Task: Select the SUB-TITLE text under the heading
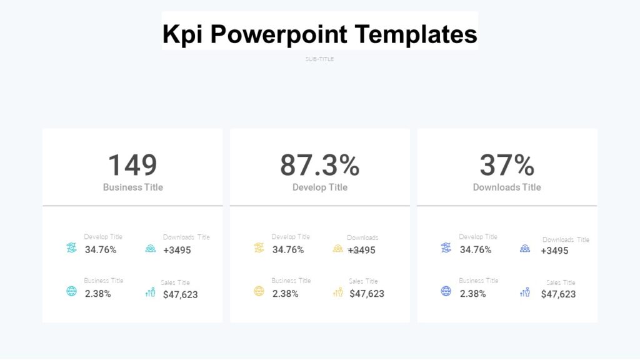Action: pos(319,59)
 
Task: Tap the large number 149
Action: pos(132,165)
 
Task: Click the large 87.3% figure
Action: pos(319,165)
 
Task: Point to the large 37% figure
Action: pos(507,165)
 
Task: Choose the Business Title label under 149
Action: pos(132,187)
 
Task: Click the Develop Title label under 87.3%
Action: pos(319,187)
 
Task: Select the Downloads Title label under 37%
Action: pos(507,187)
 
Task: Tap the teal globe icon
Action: pos(71,291)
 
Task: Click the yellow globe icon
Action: pos(259,291)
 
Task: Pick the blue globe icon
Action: pos(446,291)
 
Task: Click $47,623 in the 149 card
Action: pos(180,294)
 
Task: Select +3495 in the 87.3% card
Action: pos(362,250)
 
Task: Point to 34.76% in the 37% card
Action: pos(476,249)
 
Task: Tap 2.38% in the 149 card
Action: pos(98,293)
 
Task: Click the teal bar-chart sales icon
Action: pos(150,292)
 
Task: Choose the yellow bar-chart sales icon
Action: pos(337,292)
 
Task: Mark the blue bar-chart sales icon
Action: pos(525,292)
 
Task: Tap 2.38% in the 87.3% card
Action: pos(286,293)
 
